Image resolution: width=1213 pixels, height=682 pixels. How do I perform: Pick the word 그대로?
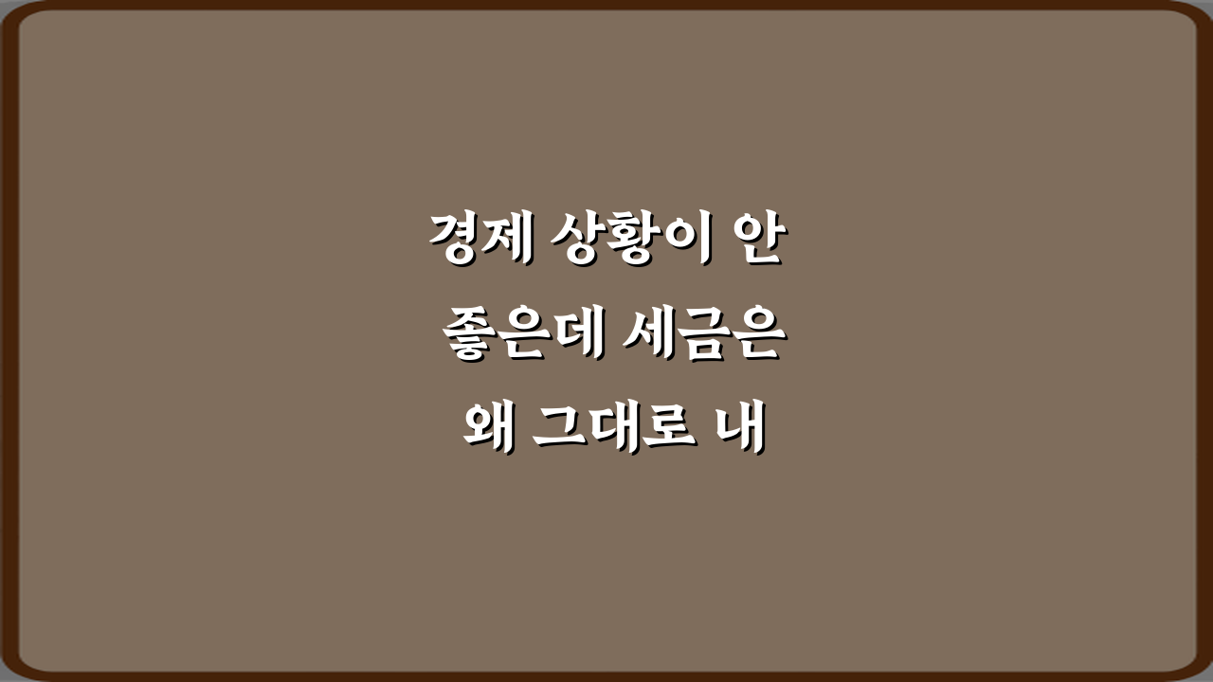(612, 432)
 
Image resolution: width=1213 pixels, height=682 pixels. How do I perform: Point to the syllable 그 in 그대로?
(560, 432)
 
